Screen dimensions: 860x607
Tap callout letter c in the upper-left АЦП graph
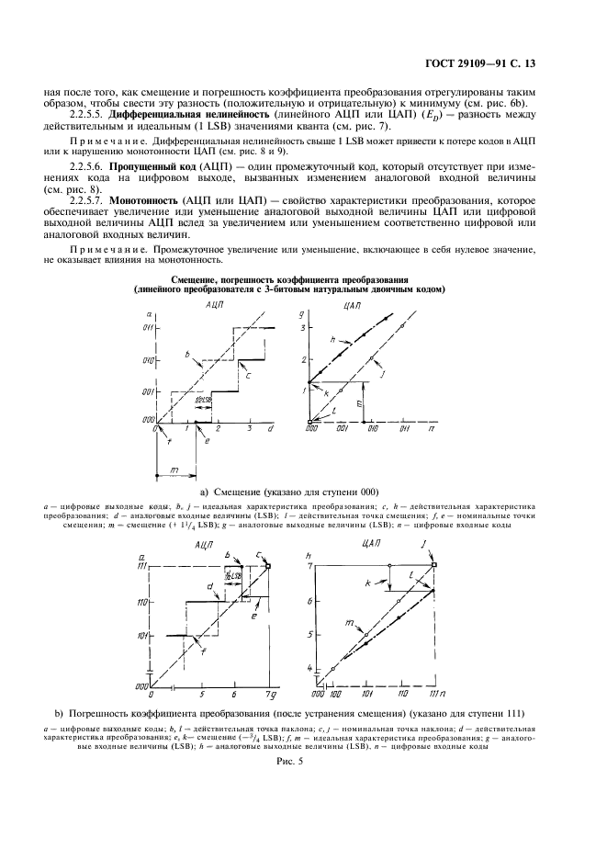pyautogui.click(x=246, y=374)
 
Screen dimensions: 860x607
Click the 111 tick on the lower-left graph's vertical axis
pyautogui.click(x=144, y=566)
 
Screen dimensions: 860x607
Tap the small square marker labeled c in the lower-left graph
pyautogui.click(x=269, y=565)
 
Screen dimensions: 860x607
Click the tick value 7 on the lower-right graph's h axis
pyautogui.click(x=309, y=565)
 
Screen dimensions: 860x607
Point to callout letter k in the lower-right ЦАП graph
pyautogui.click(x=367, y=583)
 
